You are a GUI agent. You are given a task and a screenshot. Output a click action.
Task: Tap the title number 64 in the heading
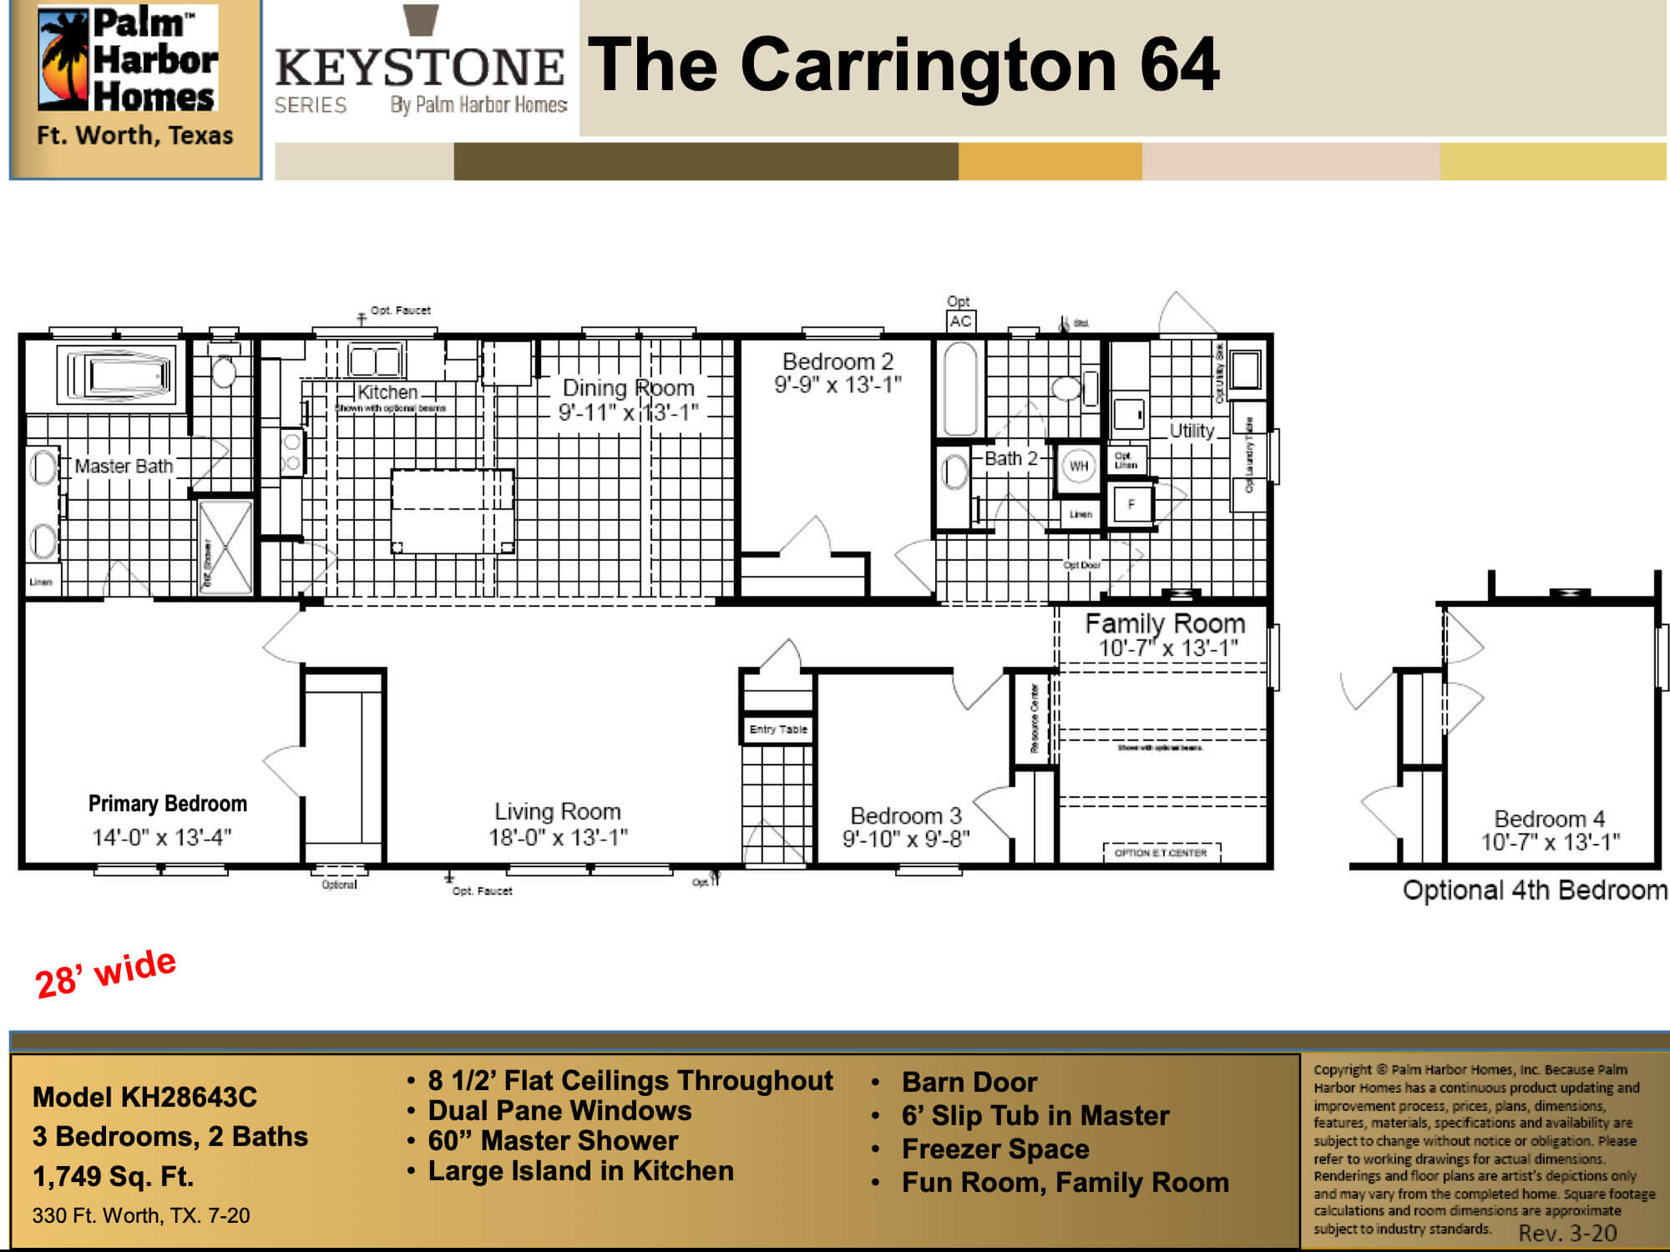click(x=1178, y=65)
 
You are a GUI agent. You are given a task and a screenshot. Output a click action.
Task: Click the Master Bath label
click(x=124, y=466)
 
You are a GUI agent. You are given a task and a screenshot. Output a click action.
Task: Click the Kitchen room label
click(x=387, y=392)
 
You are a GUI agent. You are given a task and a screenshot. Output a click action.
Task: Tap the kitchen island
click(x=453, y=510)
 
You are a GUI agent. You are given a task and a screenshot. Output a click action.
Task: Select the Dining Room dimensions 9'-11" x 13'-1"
click(x=628, y=412)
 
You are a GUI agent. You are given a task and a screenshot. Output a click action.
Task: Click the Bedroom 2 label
click(x=838, y=361)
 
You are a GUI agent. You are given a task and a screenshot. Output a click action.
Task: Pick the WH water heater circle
click(x=1079, y=466)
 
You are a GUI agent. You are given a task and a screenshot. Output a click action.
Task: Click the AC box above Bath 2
click(x=960, y=321)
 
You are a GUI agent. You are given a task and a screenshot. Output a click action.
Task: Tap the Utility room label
click(x=1192, y=431)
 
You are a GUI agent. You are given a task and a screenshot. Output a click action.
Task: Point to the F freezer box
click(x=1131, y=504)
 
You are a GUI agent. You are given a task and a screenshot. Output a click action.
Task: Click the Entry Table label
click(x=778, y=729)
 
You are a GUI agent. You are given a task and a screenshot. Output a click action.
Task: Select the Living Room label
click(x=558, y=811)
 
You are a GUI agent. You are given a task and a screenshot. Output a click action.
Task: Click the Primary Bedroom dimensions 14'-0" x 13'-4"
click(x=162, y=837)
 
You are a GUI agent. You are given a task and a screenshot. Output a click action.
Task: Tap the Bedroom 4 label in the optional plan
click(x=1549, y=819)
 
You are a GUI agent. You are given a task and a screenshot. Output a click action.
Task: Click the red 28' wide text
click(x=106, y=973)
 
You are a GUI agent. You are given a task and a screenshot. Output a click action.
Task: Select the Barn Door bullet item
click(x=969, y=1082)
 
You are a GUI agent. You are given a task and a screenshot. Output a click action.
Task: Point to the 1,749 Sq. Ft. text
click(x=113, y=1176)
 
